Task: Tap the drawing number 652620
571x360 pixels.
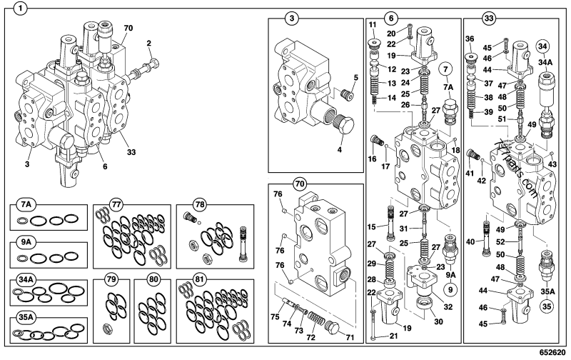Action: pos(550,353)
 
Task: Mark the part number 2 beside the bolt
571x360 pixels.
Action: pos(148,44)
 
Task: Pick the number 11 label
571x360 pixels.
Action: pos(373,25)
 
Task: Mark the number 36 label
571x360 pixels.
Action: pos(469,39)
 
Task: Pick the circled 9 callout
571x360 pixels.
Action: pos(450,289)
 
